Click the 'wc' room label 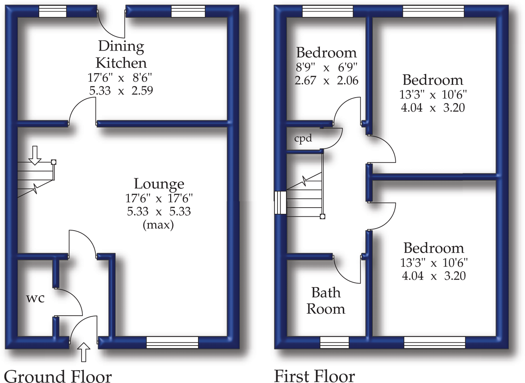click(x=35, y=298)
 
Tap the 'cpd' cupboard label click(x=303, y=138)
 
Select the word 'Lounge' click(x=159, y=184)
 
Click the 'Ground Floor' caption click(x=58, y=376)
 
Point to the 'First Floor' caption click(x=314, y=376)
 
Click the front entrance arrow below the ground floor click(x=84, y=352)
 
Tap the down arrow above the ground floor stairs click(x=35, y=155)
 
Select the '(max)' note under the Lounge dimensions click(x=158, y=225)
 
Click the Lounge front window click(x=172, y=342)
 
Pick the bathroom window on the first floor click(x=334, y=342)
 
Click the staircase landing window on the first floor click(x=280, y=202)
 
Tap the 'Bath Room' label click(x=326, y=301)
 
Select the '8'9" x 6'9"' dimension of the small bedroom click(x=327, y=67)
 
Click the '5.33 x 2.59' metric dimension click(x=121, y=91)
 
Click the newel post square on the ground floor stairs click(x=54, y=162)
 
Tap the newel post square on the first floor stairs click(x=322, y=217)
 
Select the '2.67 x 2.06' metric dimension click(x=327, y=81)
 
